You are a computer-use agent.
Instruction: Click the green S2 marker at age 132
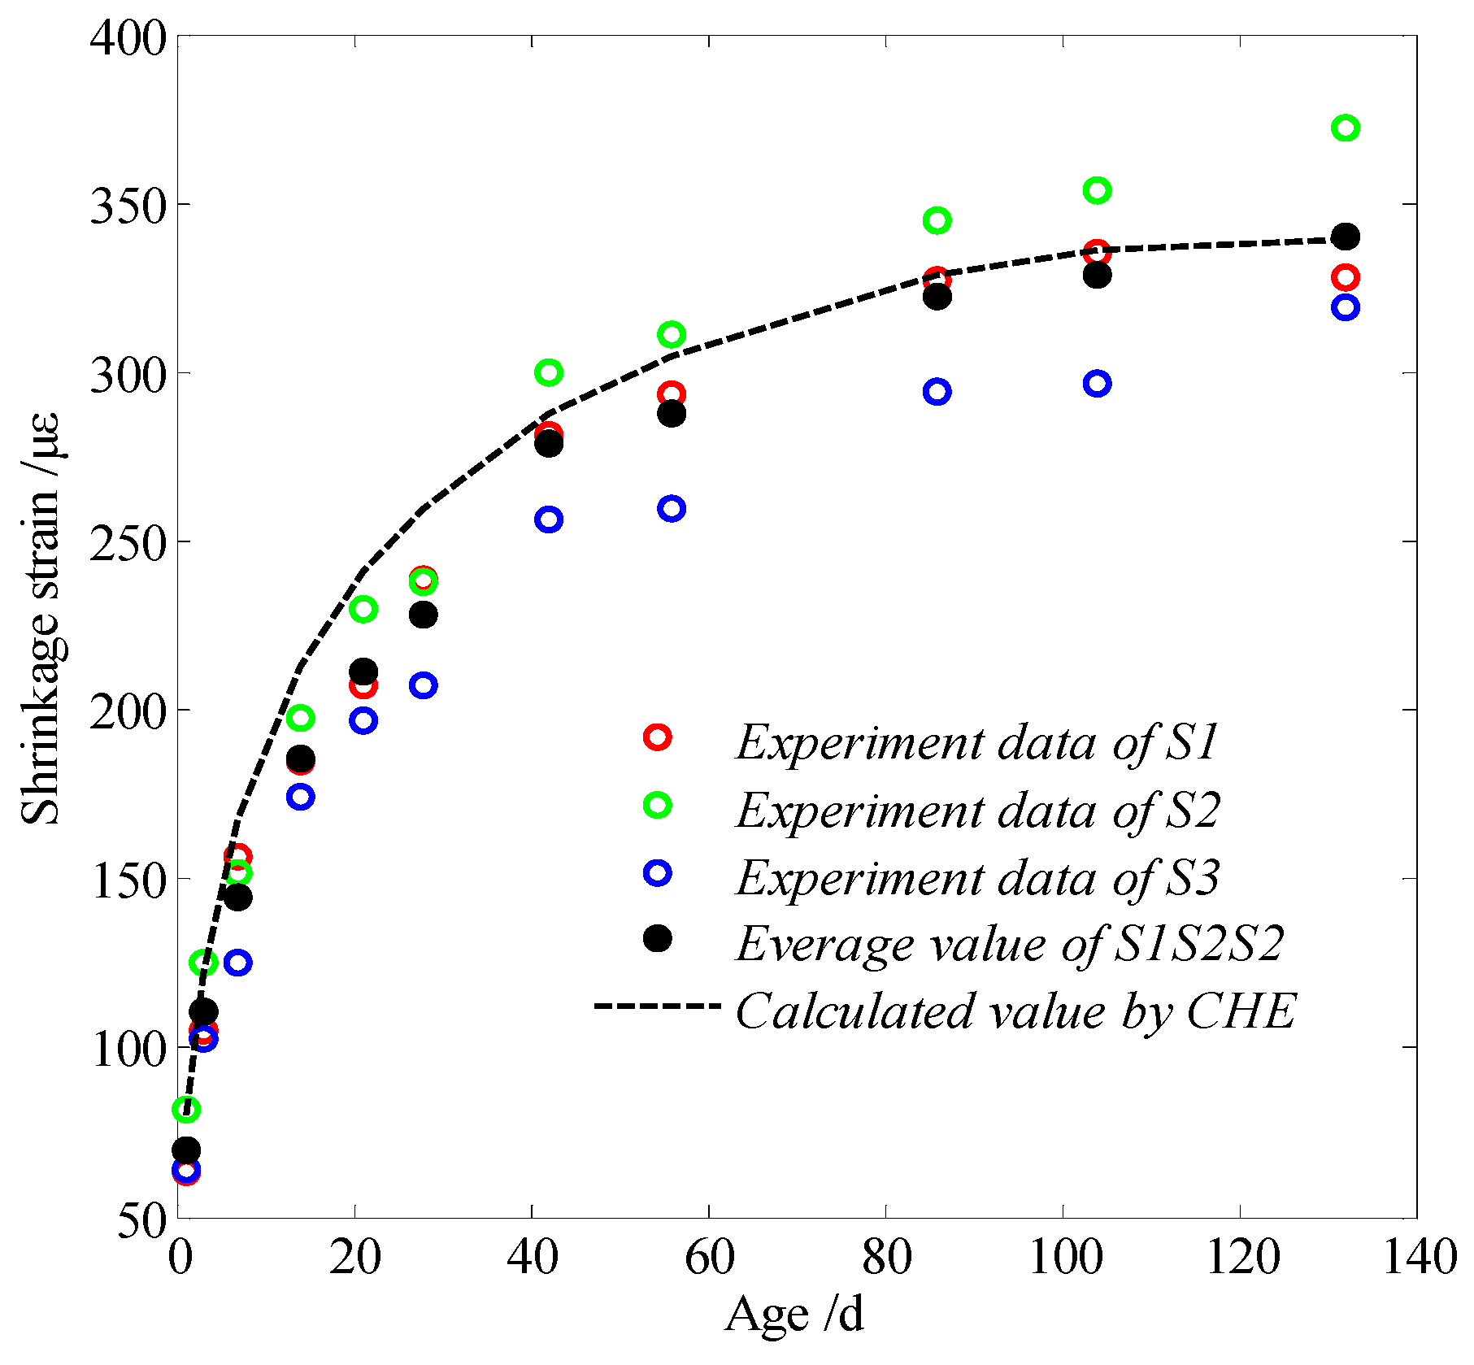pos(1346,128)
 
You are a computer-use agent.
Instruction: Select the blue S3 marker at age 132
pos(1346,306)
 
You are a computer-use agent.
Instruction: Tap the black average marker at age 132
pos(1346,237)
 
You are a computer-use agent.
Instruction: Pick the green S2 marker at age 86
pos(937,220)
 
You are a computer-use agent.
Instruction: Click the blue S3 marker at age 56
pos(672,509)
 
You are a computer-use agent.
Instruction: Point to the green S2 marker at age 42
pos(549,373)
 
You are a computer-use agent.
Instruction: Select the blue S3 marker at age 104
pos(1097,384)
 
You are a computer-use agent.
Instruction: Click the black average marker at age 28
pos(423,614)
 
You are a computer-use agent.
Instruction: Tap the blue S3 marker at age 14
pos(301,797)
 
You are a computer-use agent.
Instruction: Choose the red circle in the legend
pos(657,737)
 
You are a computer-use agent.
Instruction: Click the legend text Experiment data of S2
pos(977,811)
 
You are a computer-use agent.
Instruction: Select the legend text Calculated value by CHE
pos(1015,1011)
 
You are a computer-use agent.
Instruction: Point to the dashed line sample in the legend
pos(657,1006)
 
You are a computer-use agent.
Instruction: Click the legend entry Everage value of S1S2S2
pos(1009,944)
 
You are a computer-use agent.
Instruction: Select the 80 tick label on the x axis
pos(886,1258)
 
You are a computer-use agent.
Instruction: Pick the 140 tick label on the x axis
pos(1420,1258)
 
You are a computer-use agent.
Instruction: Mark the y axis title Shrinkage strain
pos(41,618)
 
